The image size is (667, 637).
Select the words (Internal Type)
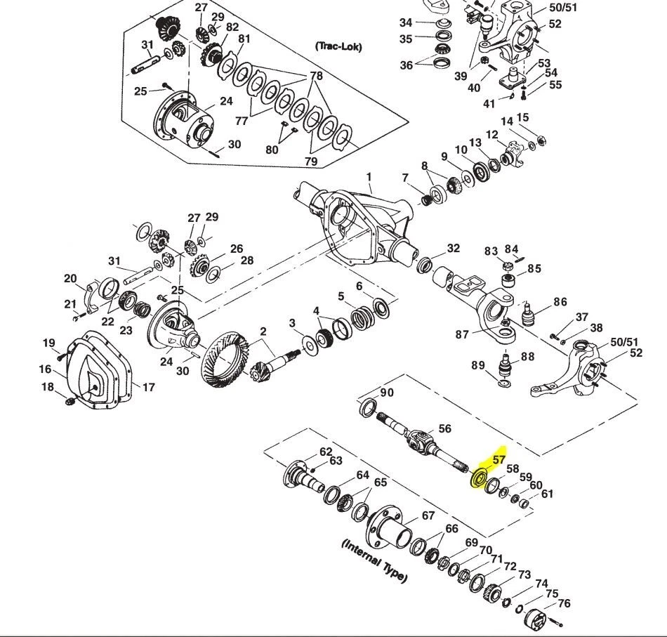coord(374,560)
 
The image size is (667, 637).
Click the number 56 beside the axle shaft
coord(444,428)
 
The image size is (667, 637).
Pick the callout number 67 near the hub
coord(428,515)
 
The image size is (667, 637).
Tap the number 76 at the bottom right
coord(564,603)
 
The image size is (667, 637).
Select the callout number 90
coord(387,393)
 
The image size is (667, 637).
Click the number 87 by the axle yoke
coord(461,335)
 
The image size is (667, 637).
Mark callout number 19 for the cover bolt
coord(48,343)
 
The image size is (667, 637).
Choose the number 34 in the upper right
coord(405,24)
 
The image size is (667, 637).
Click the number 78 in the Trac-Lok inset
coord(316,75)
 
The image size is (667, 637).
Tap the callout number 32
coord(453,248)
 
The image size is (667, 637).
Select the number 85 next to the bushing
coord(534,268)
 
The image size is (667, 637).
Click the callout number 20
coord(70,279)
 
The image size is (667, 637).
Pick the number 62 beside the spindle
coord(326,452)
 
